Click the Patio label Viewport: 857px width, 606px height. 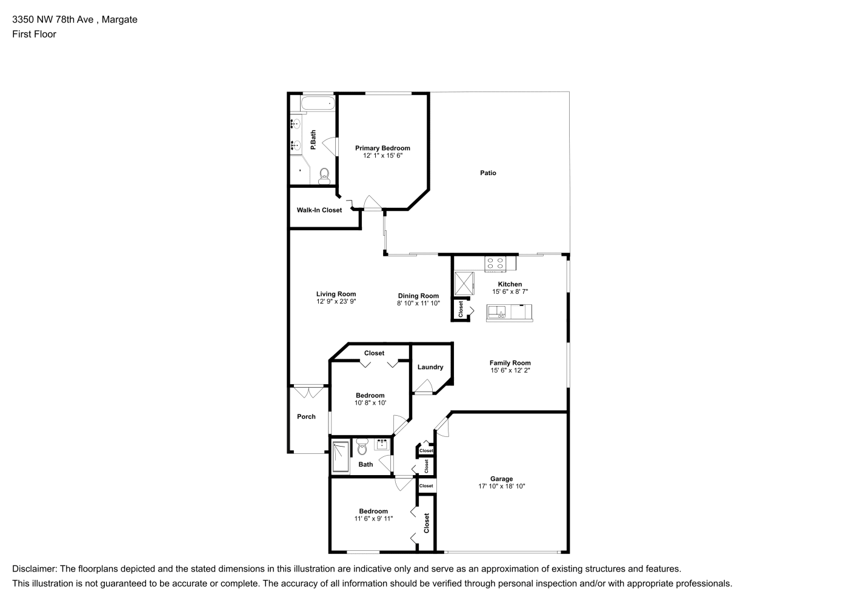pos(488,173)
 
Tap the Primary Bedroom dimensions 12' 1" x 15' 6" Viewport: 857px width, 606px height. pos(382,155)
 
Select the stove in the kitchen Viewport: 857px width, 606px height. pos(495,264)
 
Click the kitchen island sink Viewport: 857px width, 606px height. pos(496,312)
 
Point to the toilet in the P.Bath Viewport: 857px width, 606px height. pos(324,176)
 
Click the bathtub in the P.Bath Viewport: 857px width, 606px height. pos(318,103)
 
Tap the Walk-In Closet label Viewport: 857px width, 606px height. pos(319,210)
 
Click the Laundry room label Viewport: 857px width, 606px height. pos(430,367)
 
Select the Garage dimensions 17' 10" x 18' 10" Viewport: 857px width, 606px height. pos(502,486)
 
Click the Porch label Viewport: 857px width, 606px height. pos(306,417)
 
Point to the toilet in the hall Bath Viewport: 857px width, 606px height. pos(362,446)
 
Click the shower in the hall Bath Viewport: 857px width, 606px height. pos(341,457)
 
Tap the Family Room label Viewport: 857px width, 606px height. pos(510,362)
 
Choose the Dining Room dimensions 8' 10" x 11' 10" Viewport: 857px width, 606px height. pos(418,303)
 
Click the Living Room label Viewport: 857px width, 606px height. pos(336,294)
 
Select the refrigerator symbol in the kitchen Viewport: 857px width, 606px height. pos(464,284)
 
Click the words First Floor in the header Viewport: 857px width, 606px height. pos(34,34)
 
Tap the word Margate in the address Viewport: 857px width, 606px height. pos(119,19)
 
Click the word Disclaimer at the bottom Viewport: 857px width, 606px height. pos(35,569)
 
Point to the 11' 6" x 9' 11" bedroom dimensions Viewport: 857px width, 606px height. pos(373,518)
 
